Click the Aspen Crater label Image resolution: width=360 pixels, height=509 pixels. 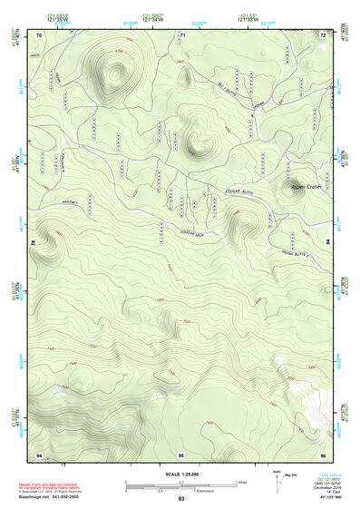pos(306,188)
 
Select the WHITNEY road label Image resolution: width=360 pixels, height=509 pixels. pos(72,201)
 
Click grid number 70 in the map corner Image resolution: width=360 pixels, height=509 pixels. pos(40,34)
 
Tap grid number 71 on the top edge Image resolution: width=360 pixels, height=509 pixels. pos(181,34)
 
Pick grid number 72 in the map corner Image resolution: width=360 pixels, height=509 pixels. pos(322,34)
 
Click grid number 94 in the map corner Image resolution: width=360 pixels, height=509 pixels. pos(40,452)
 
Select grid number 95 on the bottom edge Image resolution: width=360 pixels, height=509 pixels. pos(181,452)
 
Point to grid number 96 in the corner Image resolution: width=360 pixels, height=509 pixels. pos(322,452)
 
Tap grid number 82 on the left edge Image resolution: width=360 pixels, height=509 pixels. pos(34,243)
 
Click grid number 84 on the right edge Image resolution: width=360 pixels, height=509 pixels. pos(327,243)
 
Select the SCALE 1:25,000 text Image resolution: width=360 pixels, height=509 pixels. pos(181,474)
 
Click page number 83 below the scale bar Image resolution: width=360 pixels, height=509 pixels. pos(181,499)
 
